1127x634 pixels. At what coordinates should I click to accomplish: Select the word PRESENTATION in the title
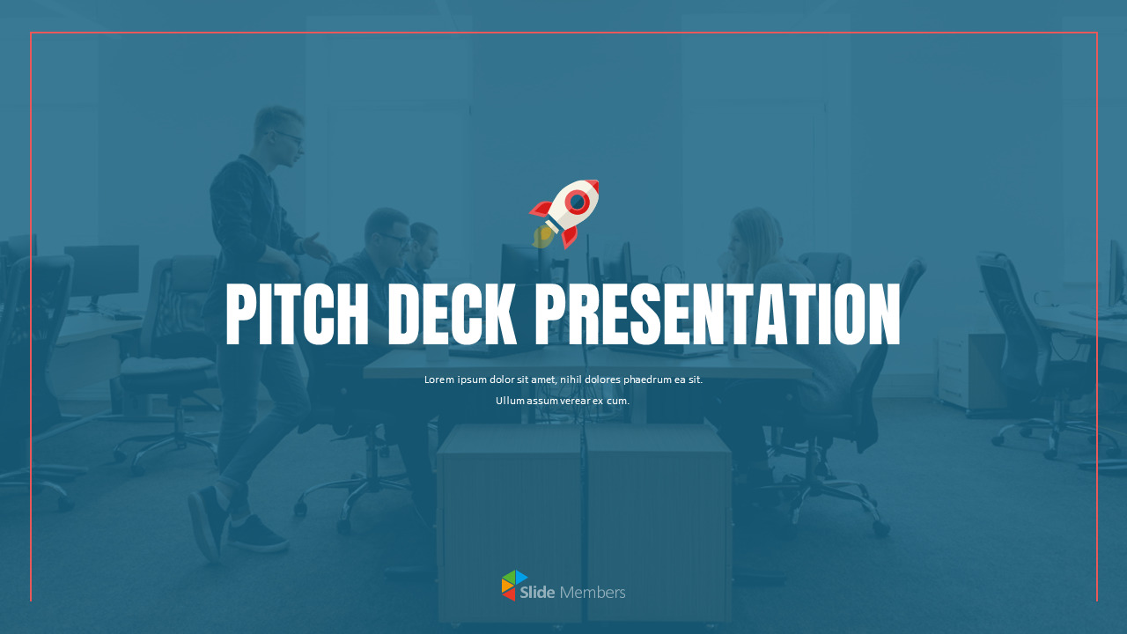coord(718,314)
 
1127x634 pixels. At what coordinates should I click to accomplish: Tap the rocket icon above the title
coord(565,213)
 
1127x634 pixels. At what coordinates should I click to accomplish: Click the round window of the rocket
coord(578,203)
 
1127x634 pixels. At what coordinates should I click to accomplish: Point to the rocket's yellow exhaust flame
coord(542,235)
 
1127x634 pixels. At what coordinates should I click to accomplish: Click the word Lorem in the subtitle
coord(439,380)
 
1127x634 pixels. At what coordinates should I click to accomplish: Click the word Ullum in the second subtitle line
coord(510,401)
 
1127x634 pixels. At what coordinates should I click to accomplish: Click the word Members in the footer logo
coord(593,593)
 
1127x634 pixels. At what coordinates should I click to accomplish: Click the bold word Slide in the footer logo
coord(537,593)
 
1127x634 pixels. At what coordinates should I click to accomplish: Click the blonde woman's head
coord(750,231)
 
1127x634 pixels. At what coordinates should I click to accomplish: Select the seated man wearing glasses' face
coord(389,234)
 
